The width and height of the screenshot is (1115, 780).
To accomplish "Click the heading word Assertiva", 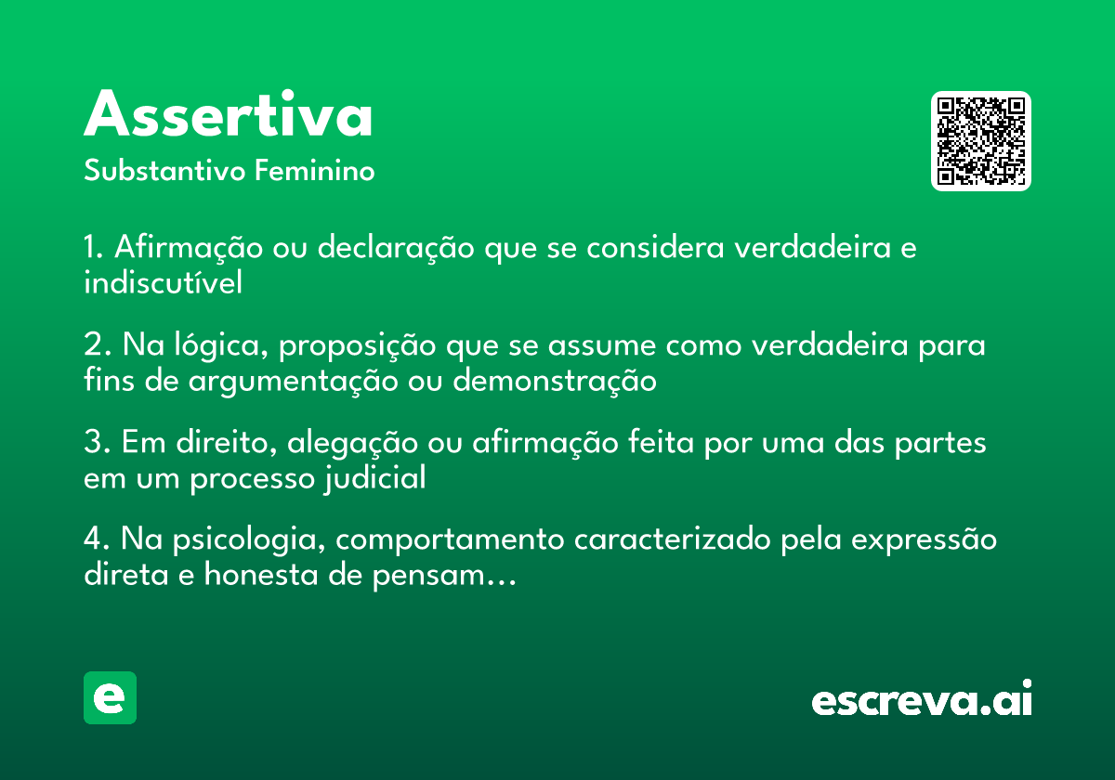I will point(229,115).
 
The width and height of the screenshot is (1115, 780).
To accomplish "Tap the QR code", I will point(981,141).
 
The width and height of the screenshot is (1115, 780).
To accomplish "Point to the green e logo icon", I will point(110,697).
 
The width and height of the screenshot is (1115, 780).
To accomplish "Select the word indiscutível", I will point(163,282).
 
